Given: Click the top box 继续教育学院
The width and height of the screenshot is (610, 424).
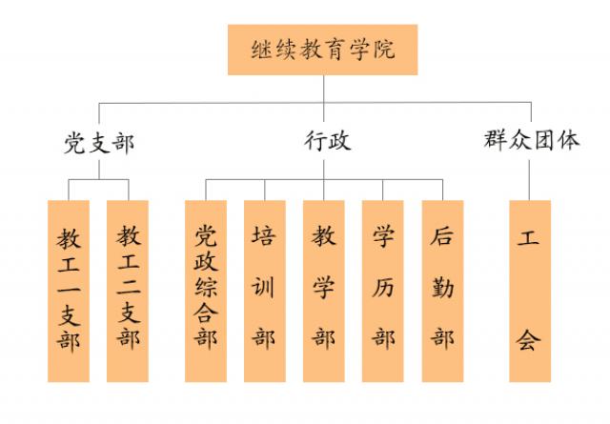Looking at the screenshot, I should (323, 50).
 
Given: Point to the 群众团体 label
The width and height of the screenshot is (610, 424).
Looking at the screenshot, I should (530, 141).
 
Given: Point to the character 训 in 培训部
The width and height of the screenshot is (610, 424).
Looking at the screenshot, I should (265, 286).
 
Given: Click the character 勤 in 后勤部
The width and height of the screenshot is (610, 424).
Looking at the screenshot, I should (442, 286).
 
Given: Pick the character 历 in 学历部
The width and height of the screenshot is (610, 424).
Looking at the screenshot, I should (383, 286).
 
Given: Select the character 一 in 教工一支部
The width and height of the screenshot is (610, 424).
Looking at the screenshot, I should (69, 286).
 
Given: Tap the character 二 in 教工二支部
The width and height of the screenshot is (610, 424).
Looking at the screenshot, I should (128, 286).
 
